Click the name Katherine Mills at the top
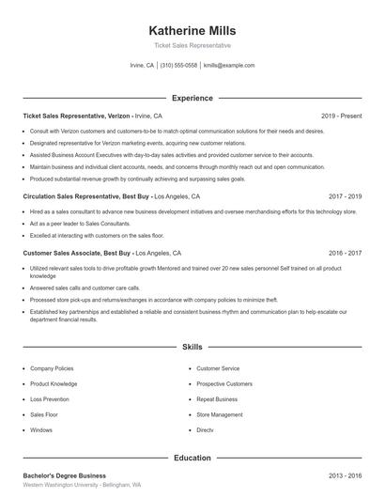pyautogui.click(x=192, y=30)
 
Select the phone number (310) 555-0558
pyautogui.click(x=178, y=66)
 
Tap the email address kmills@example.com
pyautogui.click(x=229, y=66)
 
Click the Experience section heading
pyautogui.click(x=192, y=98)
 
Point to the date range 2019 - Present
pyautogui.click(x=342, y=116)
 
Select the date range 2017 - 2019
pyautogui.click(x=345, y=197)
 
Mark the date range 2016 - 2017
pyautogui.click(x=345, y=253)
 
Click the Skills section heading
pyautogui.click(x=192, y=347)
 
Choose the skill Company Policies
pyautogui.click(x=53, y=368)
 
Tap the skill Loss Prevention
pyautogui.click(x=50, y=399)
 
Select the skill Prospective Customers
pyautogui.click(x=223, y=384)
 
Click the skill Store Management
pyautogui.click(x=219, y=414)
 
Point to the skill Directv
pyautogui.click(x=205, y=429)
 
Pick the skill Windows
pyautogui.click(x=41, y=429)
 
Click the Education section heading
pyautogui.click(x=192, y=458)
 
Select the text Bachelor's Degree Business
pyautogui.click(x=64, y=475)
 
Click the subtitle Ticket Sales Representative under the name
pyautogui.click(x=192, y=45)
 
